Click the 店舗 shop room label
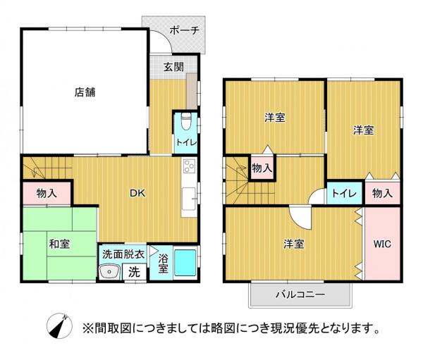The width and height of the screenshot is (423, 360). coord(85,90)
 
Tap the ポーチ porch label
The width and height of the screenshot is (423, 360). coord(186,30)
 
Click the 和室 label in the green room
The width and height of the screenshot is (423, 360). coord(59,244)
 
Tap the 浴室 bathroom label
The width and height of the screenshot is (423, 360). coord(163,263)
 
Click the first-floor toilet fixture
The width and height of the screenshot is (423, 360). coord(186,121)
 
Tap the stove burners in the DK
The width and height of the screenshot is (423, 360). coord(189,168)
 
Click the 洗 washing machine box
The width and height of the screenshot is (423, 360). coord(134,271)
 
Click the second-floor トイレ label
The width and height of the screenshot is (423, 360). coord(343,192)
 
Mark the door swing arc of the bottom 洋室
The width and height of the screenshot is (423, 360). coord(299,217)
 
